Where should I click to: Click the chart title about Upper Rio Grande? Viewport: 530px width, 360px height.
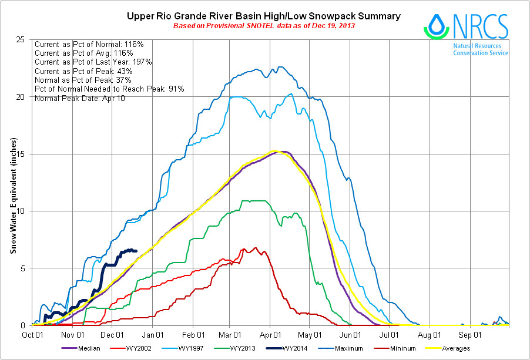click(264, 16)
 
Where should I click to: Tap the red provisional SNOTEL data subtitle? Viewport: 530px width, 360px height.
click(264, 26)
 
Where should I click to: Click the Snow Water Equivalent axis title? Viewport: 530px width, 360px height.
click(12, 196)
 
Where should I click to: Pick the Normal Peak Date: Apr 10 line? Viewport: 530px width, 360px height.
click(80, 97)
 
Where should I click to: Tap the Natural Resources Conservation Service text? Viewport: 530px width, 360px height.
click(481, 49)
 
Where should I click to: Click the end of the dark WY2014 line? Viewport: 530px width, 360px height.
click(136, 251)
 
